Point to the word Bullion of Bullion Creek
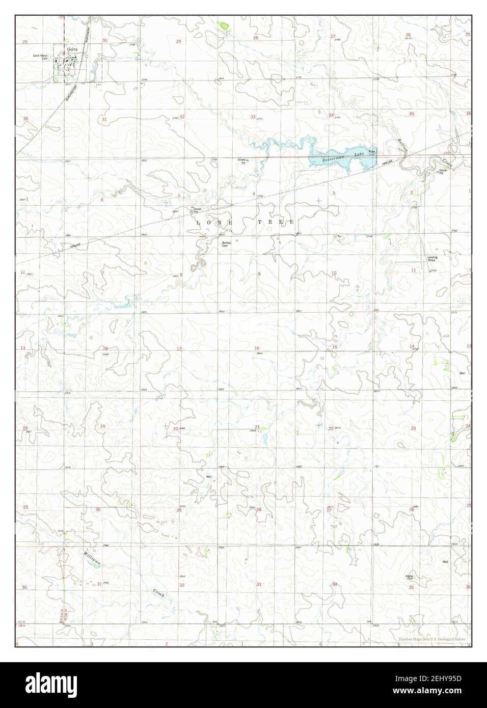(x=402, y=147)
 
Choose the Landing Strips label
(x=432, y=258)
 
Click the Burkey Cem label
(x=226, y=244)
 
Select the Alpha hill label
(x=409, y=576)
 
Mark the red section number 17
(x=179, y=349)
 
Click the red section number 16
(x=257, y=348)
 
